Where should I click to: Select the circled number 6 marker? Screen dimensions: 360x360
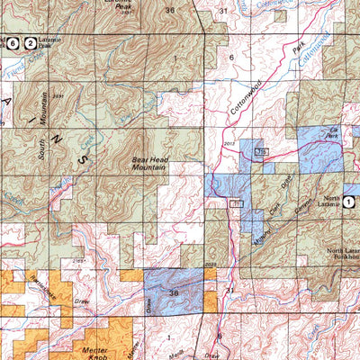coord(13,42)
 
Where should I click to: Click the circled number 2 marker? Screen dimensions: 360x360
coord(31,42)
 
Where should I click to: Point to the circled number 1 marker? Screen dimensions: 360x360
coord(348,203)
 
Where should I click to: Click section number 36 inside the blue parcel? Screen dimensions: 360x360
coord(173,292)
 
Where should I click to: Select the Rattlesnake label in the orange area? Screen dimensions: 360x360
coord(39,284)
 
